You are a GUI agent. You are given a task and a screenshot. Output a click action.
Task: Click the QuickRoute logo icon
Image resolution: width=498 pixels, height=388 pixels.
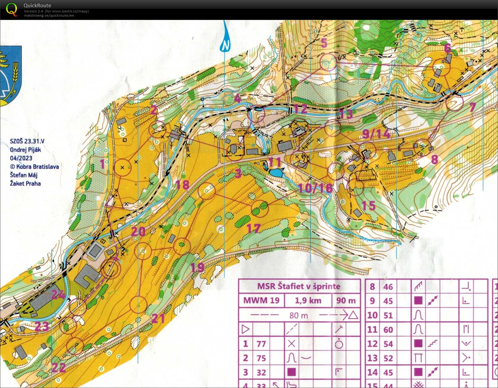[x=12, y=9]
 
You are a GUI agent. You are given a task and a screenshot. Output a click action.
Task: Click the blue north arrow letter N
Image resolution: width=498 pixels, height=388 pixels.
[x=225, y=45]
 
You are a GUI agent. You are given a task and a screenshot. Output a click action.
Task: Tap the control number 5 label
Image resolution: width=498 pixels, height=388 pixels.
[x=324, y=43]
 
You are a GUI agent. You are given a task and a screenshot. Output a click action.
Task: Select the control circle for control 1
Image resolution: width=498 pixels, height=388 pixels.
[x=123, y=167]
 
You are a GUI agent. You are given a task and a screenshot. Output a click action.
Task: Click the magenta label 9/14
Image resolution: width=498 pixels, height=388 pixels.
[x=376, y=134]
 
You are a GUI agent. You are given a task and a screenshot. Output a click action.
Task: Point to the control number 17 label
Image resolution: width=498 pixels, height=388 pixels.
[x=254, y=228]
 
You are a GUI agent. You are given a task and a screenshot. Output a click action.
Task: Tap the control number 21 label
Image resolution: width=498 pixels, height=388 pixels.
[x=158, y=318]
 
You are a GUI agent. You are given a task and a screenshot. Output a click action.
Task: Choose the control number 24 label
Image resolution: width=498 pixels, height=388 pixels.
[x=58, y=294]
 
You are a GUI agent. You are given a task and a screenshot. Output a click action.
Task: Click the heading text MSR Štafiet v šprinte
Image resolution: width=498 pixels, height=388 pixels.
[x=298, y=286]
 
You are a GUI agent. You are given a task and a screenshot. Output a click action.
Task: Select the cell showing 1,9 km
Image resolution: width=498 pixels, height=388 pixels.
[x=308, y=300]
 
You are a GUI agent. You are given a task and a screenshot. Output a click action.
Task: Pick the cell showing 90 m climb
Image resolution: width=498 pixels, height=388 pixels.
[x=346, y=300]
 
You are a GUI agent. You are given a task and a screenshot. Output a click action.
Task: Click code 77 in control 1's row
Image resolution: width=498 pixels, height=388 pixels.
[x=261, y=344]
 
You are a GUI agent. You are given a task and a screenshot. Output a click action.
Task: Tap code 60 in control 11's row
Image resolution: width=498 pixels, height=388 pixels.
[x=388, y=329]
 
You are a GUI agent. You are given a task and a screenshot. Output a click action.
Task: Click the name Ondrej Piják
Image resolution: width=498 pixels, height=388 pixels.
[x=25, y=150]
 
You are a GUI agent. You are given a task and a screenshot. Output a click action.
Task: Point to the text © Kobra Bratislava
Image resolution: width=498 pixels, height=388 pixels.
[x=34, y=166]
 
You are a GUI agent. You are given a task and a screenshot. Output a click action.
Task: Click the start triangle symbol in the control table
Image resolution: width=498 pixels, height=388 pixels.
[x=246, y=329]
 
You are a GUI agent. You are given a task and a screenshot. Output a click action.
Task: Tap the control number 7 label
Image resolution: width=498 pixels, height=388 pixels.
[x=472, y=107]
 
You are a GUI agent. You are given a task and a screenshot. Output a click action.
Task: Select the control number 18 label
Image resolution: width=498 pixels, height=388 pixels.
[x=182, y=185]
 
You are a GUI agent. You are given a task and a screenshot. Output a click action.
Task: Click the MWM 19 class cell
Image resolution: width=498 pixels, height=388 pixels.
[x=261, y=300]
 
